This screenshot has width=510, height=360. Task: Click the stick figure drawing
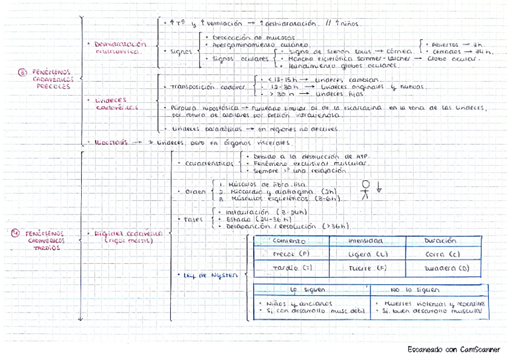click(365, 189)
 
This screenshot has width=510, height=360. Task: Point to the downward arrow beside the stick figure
click(379, 186)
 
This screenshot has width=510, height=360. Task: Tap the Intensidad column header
click(366, 240)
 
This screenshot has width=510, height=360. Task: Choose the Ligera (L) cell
click(367, 254)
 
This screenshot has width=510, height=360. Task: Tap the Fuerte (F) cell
click(367, 267)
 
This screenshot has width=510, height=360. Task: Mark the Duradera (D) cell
click(446, 267)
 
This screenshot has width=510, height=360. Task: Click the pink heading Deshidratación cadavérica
click(120, 47)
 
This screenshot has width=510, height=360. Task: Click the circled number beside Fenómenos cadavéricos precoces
click(22, 73)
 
